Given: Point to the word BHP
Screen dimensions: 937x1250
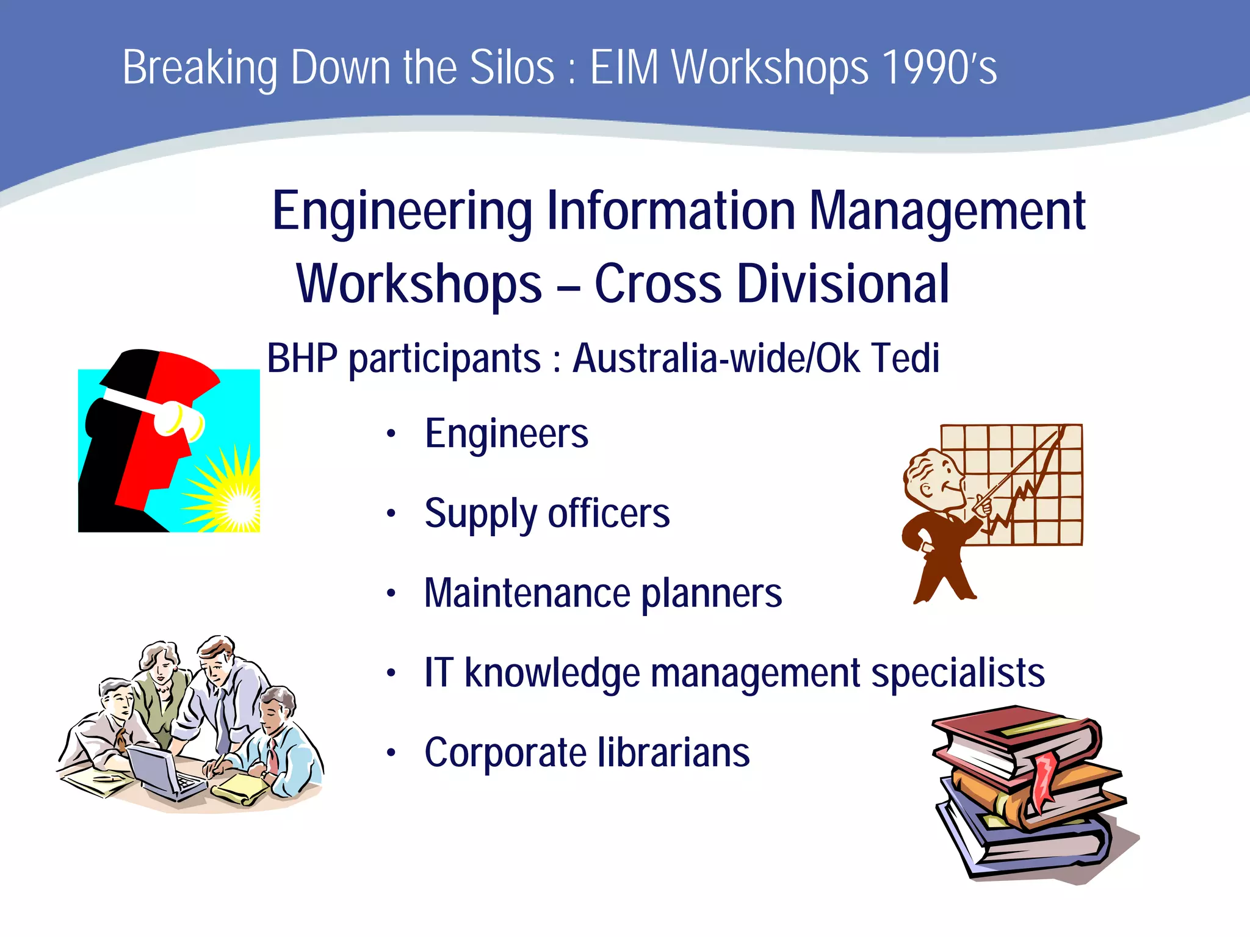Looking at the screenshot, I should click(302, 358).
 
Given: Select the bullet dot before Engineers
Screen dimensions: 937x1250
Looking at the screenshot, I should click(391, 434).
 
